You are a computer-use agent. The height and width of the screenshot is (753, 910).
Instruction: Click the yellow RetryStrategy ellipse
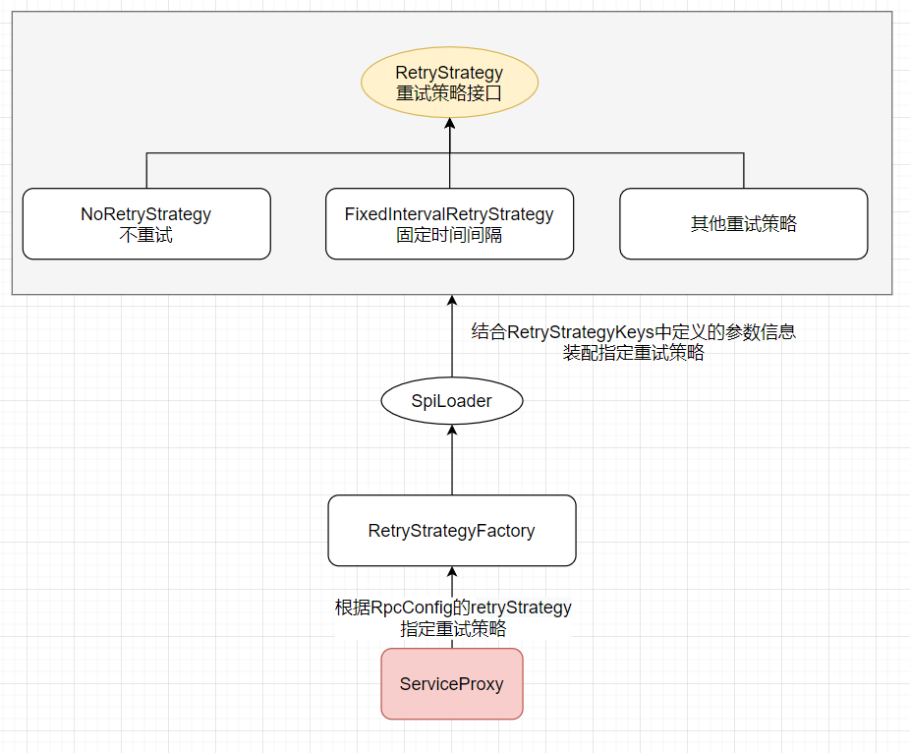449,83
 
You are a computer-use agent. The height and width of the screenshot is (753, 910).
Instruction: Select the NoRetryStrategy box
146,224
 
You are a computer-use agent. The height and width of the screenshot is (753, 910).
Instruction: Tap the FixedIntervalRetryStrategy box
449,224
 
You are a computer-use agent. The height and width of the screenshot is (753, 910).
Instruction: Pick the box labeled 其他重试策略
744,224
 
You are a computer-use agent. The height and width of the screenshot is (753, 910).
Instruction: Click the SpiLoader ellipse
451,401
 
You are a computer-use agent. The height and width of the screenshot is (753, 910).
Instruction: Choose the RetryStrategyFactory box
451,531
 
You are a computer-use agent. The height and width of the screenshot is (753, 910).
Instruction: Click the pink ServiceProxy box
451,684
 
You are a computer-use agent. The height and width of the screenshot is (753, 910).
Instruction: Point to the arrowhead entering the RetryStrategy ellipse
449,123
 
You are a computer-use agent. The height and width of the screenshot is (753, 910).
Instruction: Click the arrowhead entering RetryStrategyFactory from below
451,573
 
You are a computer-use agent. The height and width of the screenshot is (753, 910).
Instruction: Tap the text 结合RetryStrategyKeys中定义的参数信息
633,332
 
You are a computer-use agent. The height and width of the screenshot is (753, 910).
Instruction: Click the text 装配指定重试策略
633,354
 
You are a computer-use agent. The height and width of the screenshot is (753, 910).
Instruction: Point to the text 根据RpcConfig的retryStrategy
453,608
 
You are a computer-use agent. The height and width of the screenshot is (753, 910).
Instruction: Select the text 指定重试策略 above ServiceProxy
453,629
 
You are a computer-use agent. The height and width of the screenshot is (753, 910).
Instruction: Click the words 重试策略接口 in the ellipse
449,94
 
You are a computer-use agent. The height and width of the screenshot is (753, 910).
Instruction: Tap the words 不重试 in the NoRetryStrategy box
146,236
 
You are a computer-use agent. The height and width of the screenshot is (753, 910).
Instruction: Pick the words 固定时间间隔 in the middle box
449,236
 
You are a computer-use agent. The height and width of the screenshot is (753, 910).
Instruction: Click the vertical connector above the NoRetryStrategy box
146,171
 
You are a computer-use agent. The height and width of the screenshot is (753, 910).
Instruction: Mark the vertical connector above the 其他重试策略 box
744,171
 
